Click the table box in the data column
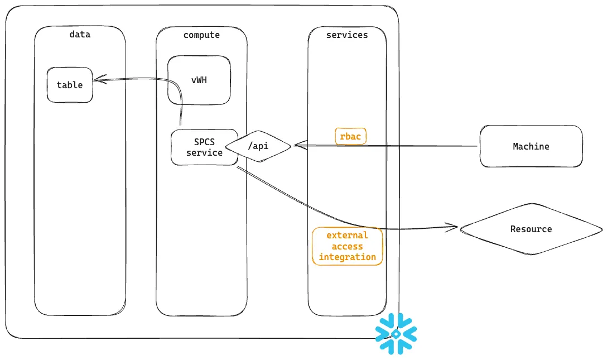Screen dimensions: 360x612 click(x=70, y=85)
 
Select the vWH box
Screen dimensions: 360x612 click(x=199, y=80)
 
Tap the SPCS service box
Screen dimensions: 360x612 click(x=204, y=147)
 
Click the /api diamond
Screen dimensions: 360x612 click(x=258, y=146)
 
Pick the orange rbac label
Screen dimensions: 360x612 click(x=350, y=137)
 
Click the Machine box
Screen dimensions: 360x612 click(x=531, y=146)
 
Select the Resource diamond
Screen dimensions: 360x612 click(x=531, y=229)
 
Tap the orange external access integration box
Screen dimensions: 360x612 click(x=347, y=246)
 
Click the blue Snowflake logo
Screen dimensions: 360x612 click(x=396, y=334)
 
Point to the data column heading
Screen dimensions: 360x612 click(x=80, y=35)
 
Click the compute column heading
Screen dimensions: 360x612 click(x=201, y=35)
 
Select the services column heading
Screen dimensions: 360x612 click(x=347, y=35)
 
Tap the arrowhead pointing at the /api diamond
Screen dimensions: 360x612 click(x=297, y=146)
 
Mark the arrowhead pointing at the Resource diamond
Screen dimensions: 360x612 click(x=453, y=227)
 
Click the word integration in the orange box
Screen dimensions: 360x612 click(x=347, y=257)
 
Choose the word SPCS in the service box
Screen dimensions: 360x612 click(x=204, y=142)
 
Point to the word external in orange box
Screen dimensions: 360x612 click(x=347, y=235)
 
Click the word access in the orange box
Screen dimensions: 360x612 click(x=347, y=246)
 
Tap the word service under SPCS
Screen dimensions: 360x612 click(x=204, y=152)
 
